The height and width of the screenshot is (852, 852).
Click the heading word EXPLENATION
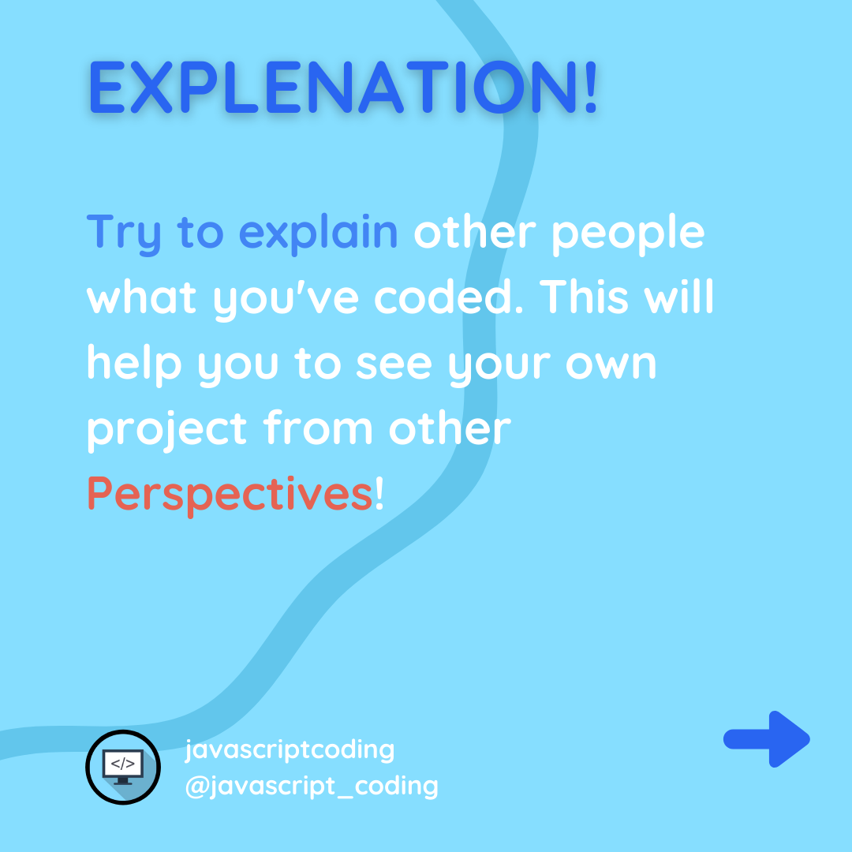[x=333, y=87]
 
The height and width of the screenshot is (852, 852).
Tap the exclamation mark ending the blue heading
[x=591, y=87]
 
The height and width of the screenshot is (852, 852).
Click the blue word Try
[x=124, y=234]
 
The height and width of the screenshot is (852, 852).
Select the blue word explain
[x=318, y=233]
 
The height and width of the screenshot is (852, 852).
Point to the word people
[x=628, y=234]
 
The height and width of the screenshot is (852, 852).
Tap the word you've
[x=286, y=300]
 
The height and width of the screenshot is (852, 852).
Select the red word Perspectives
[x=230, y=495]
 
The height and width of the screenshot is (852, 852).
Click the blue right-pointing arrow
[x=767, y=739]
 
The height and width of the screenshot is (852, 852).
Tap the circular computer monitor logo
[x=123, y=767]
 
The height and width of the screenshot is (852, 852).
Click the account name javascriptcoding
[x=290, y=751]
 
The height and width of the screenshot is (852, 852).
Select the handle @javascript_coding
[x=312, y=787]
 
